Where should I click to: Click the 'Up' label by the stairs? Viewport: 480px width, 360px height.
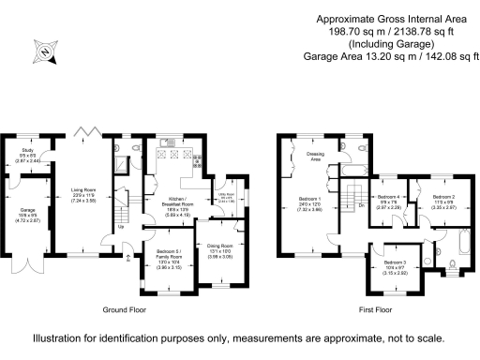tap(121, 226)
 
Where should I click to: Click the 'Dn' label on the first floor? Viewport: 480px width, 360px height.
tap(362, 205)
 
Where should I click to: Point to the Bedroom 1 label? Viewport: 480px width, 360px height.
tap(309, 201)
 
